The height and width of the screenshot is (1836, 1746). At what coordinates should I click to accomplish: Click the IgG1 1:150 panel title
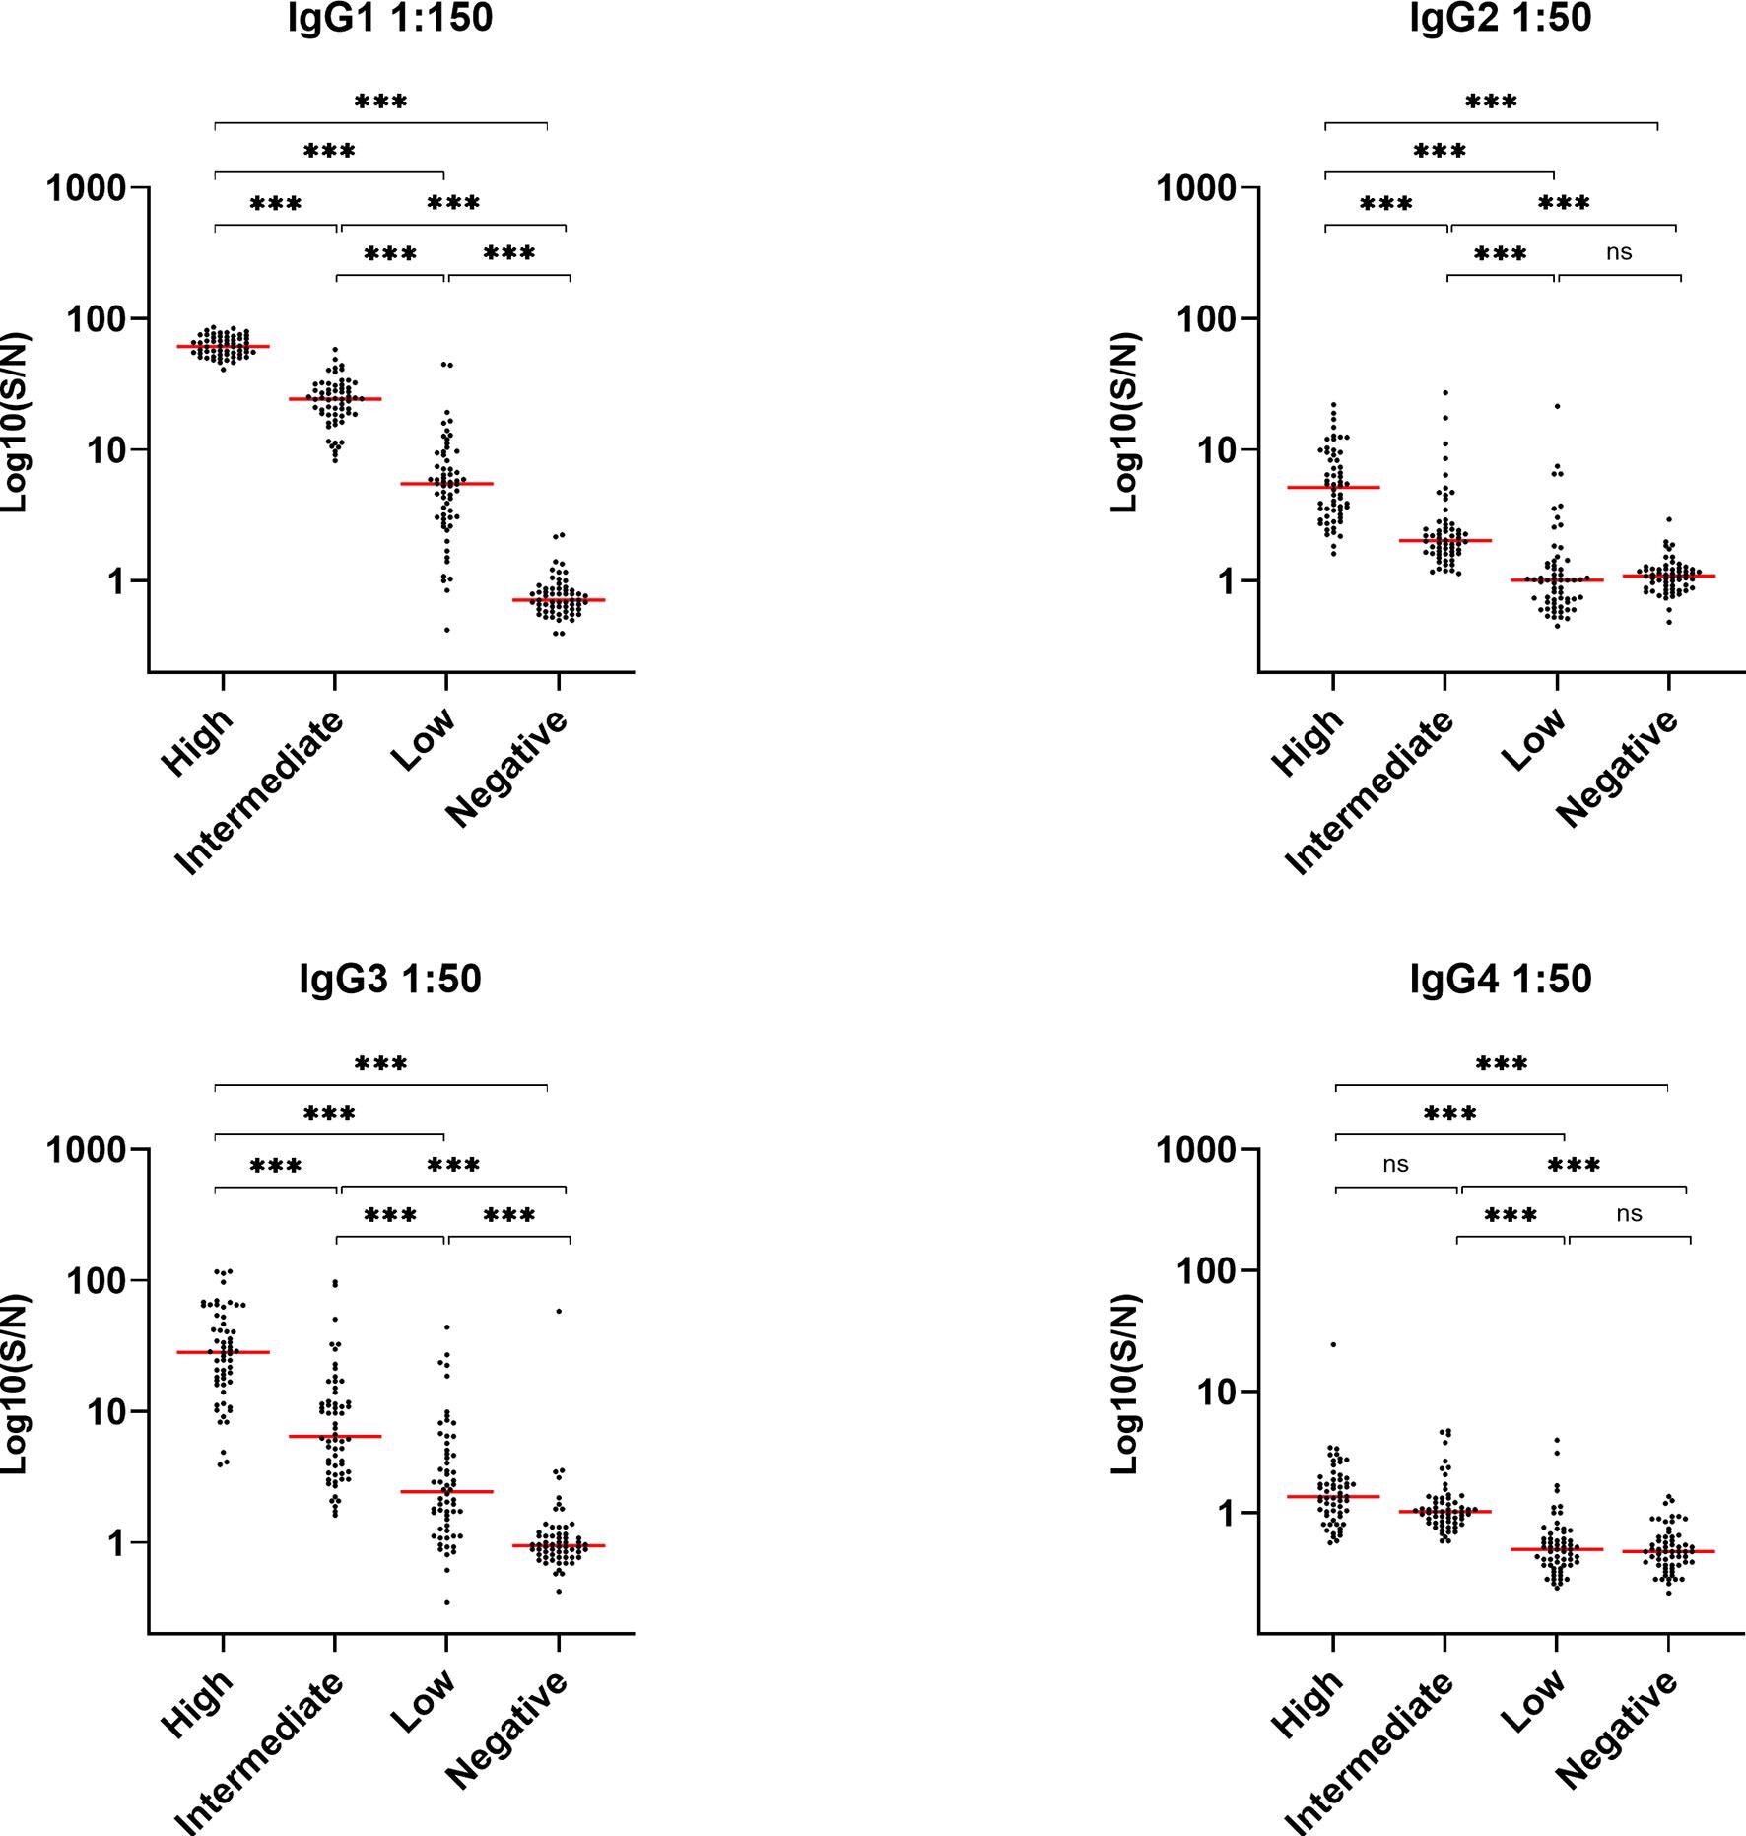point(390,18)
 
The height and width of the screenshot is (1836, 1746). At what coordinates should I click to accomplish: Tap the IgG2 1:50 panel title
point(1501,18)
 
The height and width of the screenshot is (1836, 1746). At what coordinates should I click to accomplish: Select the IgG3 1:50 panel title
point(390,980)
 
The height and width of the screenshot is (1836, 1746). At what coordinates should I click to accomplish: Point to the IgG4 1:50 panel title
point(1501,980)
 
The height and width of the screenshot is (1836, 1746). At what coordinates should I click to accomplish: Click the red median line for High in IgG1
point(224,347)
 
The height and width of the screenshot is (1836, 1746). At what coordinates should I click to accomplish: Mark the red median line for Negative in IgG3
point(559,1546)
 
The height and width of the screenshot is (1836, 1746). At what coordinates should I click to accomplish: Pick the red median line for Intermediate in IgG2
point(1444,541)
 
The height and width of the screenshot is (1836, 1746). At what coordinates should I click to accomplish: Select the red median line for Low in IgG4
point(1557,1549)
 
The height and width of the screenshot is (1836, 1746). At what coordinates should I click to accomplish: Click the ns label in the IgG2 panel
point(1619,252)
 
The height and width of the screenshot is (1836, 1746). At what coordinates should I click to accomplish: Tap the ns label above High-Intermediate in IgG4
point(1395,1165)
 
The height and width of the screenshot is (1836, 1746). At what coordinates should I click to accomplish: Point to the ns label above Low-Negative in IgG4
point(1629,1214)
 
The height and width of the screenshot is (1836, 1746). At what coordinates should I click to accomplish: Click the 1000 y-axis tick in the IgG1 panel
point(87,187)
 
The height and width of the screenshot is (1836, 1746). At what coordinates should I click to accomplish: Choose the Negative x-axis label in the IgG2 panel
point(1617,768)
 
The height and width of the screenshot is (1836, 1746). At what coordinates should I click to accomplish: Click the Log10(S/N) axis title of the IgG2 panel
point(1124,424)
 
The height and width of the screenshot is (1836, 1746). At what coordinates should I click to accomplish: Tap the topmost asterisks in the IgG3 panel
point(380,1064)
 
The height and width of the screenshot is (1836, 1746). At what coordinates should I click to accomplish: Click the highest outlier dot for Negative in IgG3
point(559,1311)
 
